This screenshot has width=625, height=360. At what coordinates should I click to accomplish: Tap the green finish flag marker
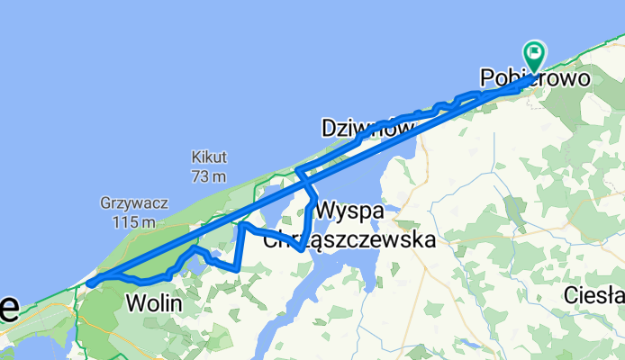(x=534, y=55)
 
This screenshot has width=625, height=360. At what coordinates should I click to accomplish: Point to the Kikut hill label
(x=209, y=156)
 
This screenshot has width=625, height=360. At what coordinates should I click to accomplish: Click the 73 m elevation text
(x=208, y=175)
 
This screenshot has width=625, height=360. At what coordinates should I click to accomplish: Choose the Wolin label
(x=154, y=304)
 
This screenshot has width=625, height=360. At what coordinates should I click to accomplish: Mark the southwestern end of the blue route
(x=89, y=284)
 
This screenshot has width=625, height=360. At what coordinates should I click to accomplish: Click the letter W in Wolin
(x=134, y=304)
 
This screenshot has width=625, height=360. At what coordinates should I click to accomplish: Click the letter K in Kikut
(x=195, y=156)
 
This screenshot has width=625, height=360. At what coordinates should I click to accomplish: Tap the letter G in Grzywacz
(x=107, y=203)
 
